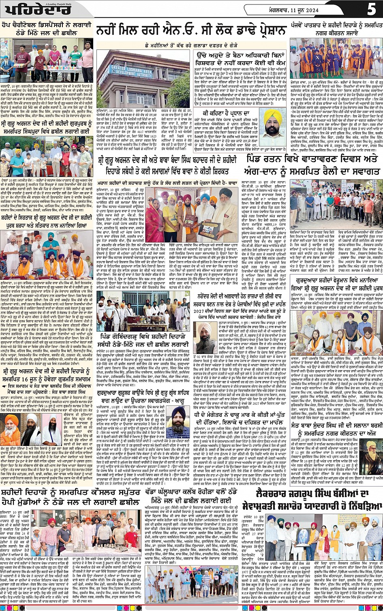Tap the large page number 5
[372, 9]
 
